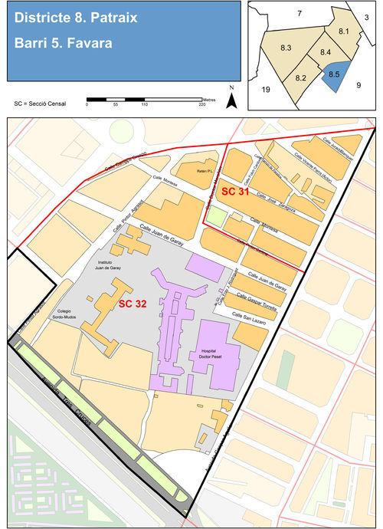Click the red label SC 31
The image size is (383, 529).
(234, 191)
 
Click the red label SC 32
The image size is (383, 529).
(133, 304)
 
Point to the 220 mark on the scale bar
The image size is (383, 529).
(202, 104)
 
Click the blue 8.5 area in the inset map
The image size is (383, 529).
(334, 76)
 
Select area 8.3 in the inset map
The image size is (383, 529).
(286, 48)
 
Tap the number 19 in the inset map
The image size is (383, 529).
(266, 90)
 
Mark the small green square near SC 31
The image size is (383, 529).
(218, 216)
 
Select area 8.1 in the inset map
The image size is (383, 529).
(343, 31)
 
